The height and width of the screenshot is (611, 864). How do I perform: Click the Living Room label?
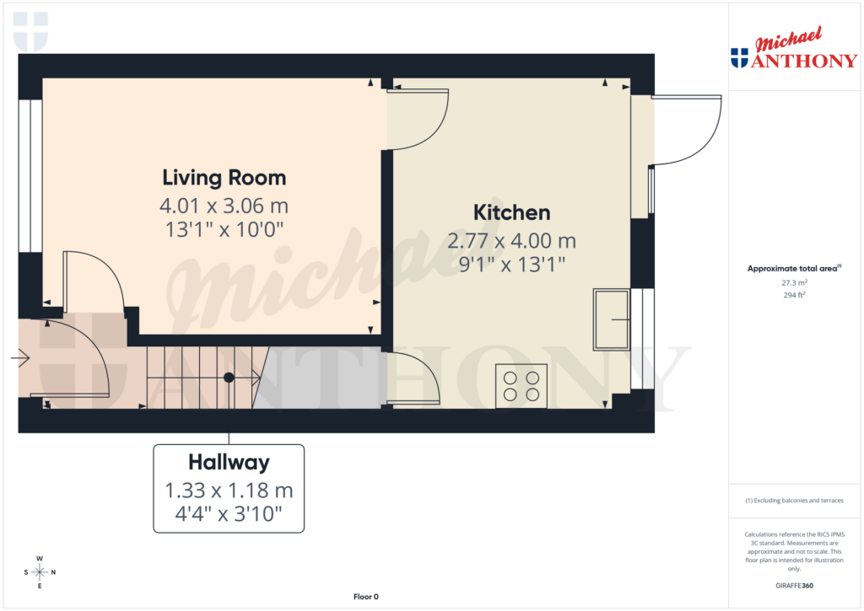224,178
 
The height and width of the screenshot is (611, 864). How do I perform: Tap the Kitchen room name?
511,212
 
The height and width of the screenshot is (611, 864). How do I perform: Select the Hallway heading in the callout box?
229,462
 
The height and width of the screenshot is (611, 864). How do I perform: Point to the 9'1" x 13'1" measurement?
511,264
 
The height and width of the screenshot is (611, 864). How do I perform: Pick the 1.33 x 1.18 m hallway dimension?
229,490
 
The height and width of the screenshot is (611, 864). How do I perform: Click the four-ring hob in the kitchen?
521,386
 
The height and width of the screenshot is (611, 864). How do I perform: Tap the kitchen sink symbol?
612,319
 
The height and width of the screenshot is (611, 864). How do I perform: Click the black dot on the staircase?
229,378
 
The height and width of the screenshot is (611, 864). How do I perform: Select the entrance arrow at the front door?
20,359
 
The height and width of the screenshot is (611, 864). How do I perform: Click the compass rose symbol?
40,572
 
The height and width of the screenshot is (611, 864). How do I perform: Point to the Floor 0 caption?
365,597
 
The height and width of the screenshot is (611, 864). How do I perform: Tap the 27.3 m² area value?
793,283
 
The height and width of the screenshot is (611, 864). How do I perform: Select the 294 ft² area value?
793,295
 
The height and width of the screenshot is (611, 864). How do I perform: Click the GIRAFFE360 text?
794,586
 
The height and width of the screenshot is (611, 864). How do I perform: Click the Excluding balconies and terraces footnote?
794,501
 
